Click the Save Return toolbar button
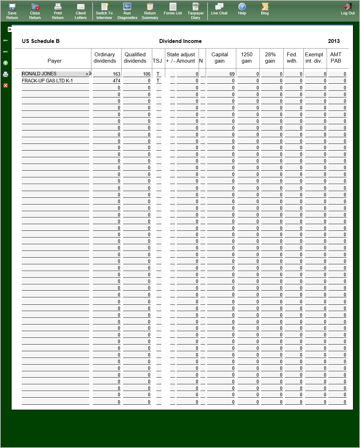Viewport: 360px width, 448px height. (x=12, y=11)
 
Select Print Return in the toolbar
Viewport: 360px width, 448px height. (x=58, y=11)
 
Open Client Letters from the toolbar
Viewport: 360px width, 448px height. (x=81, y=11)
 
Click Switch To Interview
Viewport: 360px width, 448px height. (x=104, y=11)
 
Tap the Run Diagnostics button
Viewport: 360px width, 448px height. (x=127, y=11)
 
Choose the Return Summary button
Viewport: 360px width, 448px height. (x=150, y=11)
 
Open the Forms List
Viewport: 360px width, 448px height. (x=173, y=9)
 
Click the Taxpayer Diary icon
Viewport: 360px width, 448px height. (x=195, y=11)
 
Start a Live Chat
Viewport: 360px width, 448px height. (x=219, y=9)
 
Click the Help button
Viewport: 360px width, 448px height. (x=242, y=9)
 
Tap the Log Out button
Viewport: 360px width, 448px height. (x=348, y=9)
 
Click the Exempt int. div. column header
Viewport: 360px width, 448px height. (x=314, y=58)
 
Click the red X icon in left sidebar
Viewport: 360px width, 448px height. (x=6, y=86)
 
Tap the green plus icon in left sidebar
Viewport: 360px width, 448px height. (x=6, y=63)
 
